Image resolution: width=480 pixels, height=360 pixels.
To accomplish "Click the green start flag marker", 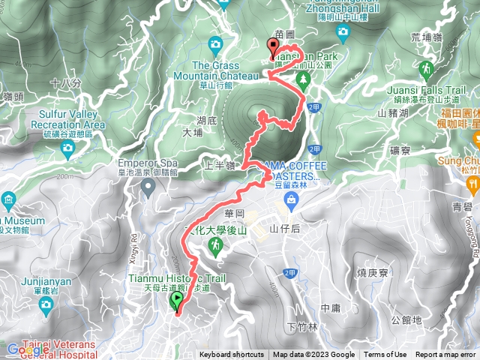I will click(176, 301).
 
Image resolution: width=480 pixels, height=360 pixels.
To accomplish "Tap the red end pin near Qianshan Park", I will click(272, 48).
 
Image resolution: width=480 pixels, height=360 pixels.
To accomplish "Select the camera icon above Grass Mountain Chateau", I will click(216, 45).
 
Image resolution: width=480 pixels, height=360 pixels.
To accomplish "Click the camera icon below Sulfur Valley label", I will click(67, 147).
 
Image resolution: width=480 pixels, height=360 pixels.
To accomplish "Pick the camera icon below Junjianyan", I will click(46, 304).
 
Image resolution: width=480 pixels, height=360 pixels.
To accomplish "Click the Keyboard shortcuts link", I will click(231, 355).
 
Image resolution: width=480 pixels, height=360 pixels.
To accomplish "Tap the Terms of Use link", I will click(385, 355).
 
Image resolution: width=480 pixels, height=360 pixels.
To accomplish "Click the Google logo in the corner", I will click(27, 349).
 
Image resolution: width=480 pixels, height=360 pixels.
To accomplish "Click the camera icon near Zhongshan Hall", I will click(343, 31).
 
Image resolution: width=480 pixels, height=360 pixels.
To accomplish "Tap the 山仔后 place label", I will click(284, 228).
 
